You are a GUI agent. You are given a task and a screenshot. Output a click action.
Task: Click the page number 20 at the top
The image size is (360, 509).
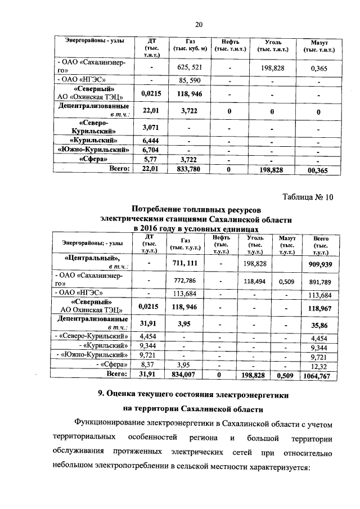pos(198,24)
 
